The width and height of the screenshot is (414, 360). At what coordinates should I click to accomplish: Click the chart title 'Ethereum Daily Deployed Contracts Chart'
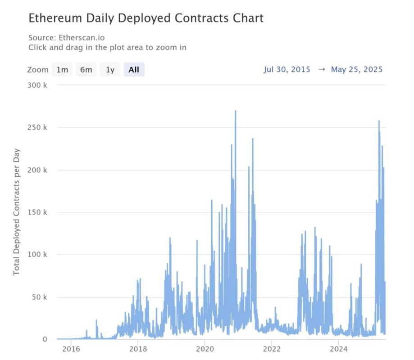(x=146, y=18)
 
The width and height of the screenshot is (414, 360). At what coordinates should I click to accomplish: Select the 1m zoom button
(x=62, y=70)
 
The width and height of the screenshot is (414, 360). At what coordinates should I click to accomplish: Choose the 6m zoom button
(x=86, y=70)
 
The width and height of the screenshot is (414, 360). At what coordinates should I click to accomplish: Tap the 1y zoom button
(x=110, y=70)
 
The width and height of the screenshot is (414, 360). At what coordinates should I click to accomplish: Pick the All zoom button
(x=134, y=70)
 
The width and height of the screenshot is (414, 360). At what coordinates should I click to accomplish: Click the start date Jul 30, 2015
(x=287, y=69)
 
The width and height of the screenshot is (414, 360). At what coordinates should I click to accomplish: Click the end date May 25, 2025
(x=357, y=69)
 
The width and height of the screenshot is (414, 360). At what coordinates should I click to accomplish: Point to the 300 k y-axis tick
(x=38, y=85)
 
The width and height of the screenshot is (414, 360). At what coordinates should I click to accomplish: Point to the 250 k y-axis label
(x=38, y=127)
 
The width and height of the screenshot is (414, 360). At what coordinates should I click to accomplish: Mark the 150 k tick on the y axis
(x=38, y=212)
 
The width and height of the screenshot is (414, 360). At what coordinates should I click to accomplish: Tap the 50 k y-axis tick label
(x=40, y=297)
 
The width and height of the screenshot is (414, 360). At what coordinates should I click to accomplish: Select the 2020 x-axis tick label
(x=205, y=349)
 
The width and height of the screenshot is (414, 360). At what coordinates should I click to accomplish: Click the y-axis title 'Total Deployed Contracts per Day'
(x=17, y=211)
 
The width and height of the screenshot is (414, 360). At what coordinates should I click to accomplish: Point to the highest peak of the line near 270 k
(x=235, y=111)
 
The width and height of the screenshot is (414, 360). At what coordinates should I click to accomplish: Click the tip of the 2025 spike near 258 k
(x=379, y=121)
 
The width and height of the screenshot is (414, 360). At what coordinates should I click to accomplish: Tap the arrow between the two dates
(x=322, y=69)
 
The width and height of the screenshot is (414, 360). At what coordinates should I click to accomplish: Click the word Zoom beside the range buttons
(x=37, y=70)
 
